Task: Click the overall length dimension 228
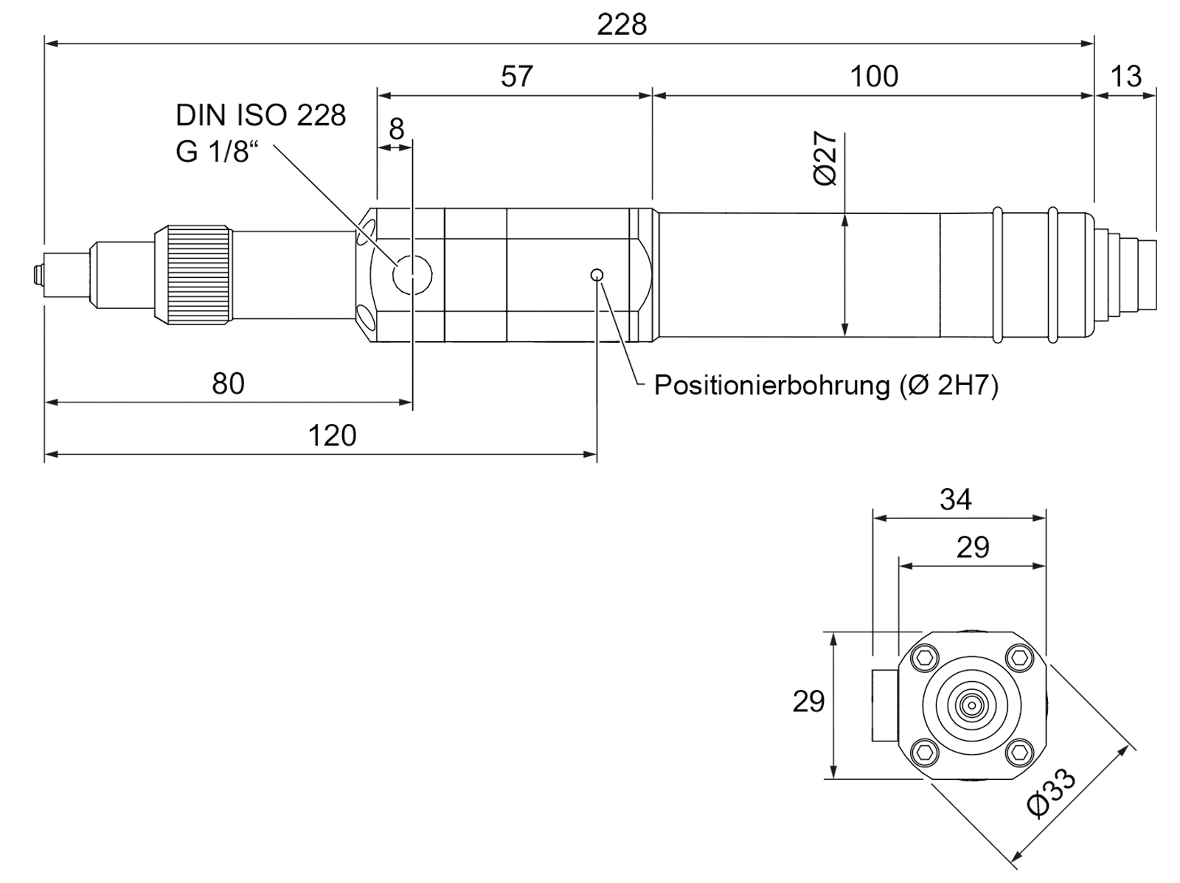click(x=622, y=25)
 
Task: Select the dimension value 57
click(x=517, y=76)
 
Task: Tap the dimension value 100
click(x=874, y=76)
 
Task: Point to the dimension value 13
click(x=1125, y=76)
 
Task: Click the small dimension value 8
click(x=396, y=129)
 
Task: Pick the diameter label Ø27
click(x=825, y=159)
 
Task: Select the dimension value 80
click(x=228, y=383)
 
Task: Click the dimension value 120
click(x=332, y=436)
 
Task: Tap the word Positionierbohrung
click(x=771, y=385)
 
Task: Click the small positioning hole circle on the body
click(x=596, y=275)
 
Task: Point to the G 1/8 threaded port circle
click(x=412, y=275)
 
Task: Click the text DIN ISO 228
click(x=261, y=116)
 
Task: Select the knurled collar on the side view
click(x=194, y=274)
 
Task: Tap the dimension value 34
click(x=955, y=500)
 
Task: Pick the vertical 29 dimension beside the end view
click(x=808, y=701)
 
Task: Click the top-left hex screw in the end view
click(x=925, y=658)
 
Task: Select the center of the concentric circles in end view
click(x=972, y=705)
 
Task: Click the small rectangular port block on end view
click(x=885, y=706)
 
